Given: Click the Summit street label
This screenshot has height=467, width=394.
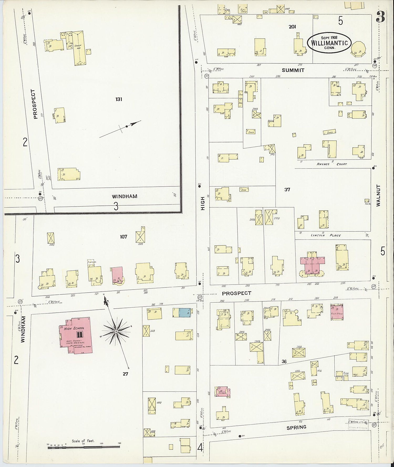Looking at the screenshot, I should pos(293,70).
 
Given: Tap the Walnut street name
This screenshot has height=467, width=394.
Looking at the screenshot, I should pos(378,195).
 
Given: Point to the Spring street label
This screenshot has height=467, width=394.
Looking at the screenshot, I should pos(296,427).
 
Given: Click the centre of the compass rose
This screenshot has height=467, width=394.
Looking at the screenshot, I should pos(116,332).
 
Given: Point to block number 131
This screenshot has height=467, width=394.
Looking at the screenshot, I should pos(119,99).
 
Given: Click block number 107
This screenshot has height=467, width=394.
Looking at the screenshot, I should pos(123,237).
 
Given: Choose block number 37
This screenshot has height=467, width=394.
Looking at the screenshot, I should pos(287,189).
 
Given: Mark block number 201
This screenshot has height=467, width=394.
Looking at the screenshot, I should pos(292,27).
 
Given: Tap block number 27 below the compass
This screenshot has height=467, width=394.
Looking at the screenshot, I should pos(125,374).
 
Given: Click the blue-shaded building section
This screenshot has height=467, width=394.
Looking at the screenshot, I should pos(185,312).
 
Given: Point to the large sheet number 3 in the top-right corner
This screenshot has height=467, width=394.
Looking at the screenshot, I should pos(381,17).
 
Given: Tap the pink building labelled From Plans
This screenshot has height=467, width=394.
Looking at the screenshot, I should pos(337,312).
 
